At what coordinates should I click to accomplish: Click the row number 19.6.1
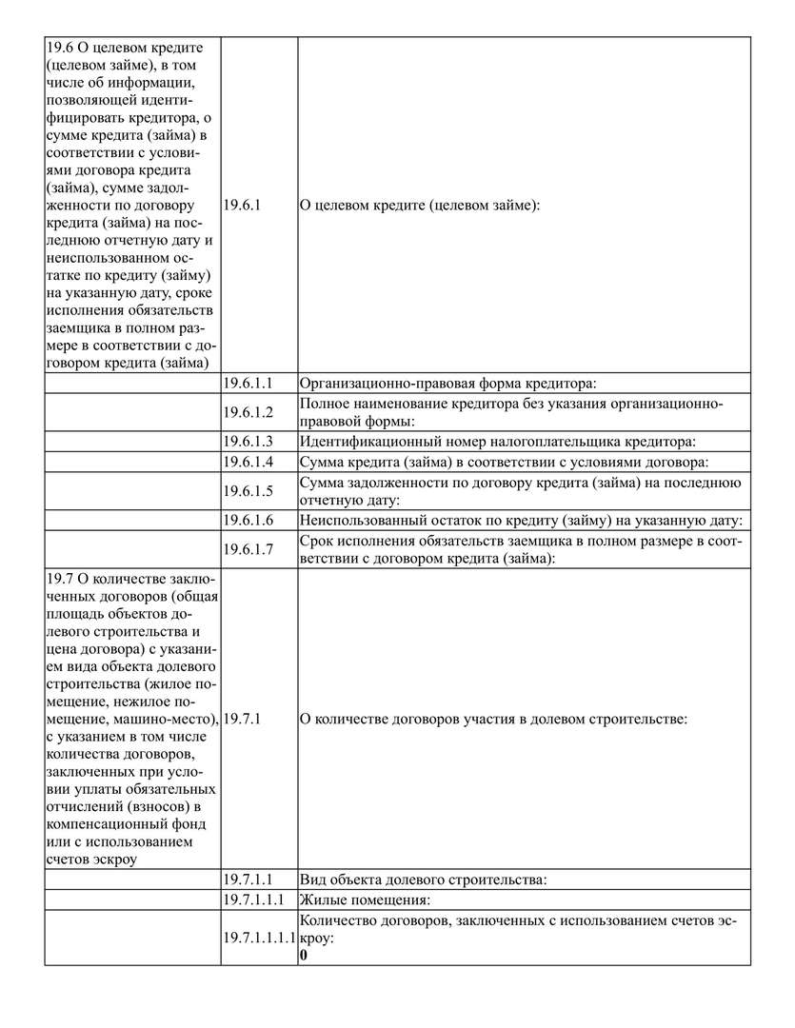point(242,205)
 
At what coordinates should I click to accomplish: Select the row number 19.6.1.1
point(248,384)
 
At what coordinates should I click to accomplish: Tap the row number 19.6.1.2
point(248,412)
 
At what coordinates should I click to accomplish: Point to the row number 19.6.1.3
point(248,441)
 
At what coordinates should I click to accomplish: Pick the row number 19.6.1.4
point(248,462)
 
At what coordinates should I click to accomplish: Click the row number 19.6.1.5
point(248,491)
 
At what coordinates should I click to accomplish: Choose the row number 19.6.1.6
point(248,520)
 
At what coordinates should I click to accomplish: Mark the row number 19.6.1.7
point(248,549)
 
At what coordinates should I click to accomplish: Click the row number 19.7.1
point(242,719)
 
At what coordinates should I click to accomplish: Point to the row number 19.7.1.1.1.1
point(260,938)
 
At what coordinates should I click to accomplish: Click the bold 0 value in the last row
point(303,955)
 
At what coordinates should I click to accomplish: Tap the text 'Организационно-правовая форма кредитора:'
point(447,384)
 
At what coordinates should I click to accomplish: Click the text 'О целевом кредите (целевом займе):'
point(420,205)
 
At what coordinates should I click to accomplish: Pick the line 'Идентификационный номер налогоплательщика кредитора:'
point(498,441)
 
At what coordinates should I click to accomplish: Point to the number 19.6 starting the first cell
point(59,47)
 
